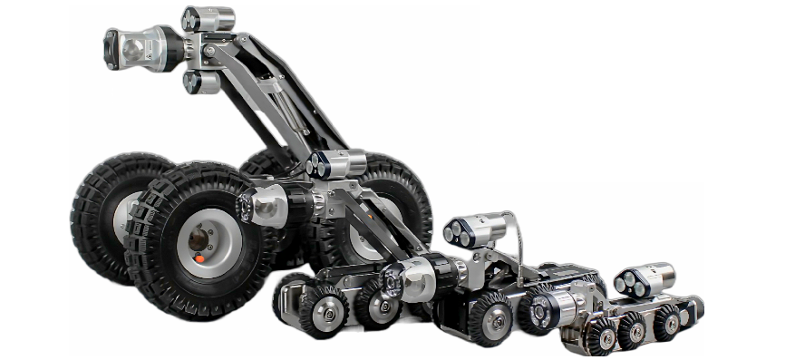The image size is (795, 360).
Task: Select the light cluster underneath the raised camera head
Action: point(199,82)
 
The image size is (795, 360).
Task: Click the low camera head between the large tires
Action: point(263,208)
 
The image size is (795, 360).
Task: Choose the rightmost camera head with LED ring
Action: point(549,308)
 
